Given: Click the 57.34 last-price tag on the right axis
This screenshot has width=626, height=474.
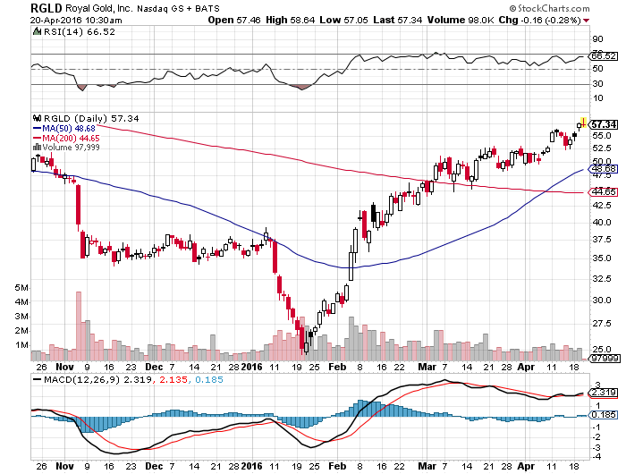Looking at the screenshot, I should click(x=605, y=124).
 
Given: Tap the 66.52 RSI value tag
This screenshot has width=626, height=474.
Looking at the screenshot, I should click(x=604, y=56).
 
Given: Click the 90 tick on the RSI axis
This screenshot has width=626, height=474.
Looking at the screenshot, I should click(x=596, y=39).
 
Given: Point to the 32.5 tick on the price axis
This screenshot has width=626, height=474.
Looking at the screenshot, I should click(x=601, y=278).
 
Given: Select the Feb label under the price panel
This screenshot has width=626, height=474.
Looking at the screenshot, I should click(x=337, y=367).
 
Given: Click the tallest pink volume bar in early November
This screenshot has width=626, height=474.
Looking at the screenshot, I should click(x=79, y=323).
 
